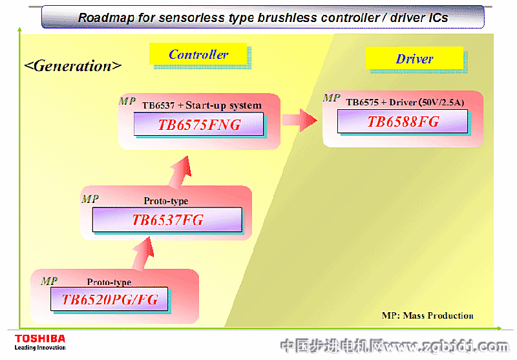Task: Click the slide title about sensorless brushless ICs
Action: [x=262, y=17]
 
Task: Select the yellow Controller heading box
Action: [x=198, y=55]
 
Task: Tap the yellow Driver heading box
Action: [x=414, y=59]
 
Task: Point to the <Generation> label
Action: [x=72, y=66]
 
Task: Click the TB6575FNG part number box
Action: [x=199, y=125]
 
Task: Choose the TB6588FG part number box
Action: [x=403, y=122]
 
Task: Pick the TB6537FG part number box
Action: [x=167, y=220]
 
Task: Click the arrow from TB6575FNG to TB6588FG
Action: [x=299, y=120]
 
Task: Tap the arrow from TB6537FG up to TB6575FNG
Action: [x=183, y=169]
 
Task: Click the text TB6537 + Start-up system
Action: [x=202, y=105]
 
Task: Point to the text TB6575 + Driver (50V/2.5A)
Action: [x=405, y=102]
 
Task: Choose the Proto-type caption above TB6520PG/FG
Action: [x=109, y=282]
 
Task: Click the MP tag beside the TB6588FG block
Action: [x=332, y=98]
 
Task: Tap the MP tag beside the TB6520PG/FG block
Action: [x=49, y=281]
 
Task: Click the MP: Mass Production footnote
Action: [x=427, y=315]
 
